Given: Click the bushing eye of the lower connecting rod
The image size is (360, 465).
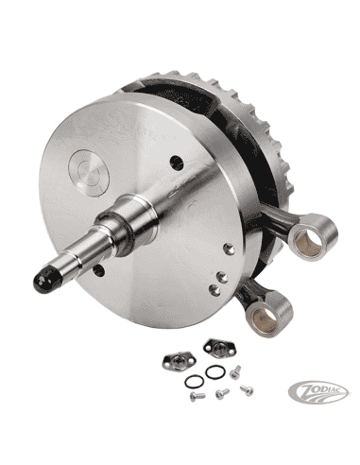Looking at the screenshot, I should click(x=281, y=308).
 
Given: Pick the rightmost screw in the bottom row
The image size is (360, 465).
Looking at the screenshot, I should click(x=248, y=389).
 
